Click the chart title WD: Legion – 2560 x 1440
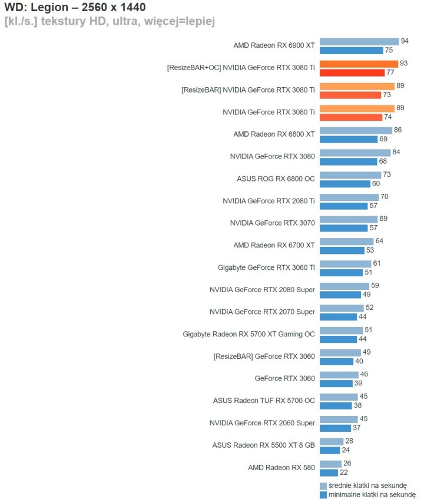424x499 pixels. pos(75,8)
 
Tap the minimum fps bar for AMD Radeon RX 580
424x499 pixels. pos(329,472)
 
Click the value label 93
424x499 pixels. pos(403,63)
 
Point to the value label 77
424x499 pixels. pos(390,72)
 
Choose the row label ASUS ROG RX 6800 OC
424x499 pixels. pos(275,179)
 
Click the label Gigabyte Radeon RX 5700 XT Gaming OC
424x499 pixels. pos(249,334)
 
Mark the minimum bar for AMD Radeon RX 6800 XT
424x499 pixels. pos(348,139)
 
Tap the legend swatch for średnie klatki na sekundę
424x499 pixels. pos(323,486)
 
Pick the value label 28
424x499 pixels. pos(349,441)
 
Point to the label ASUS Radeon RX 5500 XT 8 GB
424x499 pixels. pos(263,445)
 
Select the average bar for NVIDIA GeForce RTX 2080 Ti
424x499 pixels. pos(349,197)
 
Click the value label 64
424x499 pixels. pos(379,241)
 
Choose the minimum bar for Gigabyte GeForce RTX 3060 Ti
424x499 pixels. pos(342,272)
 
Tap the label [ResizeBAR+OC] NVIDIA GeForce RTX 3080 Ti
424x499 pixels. pos(241,68)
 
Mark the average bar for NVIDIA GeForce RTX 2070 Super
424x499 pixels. pos(342,308)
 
